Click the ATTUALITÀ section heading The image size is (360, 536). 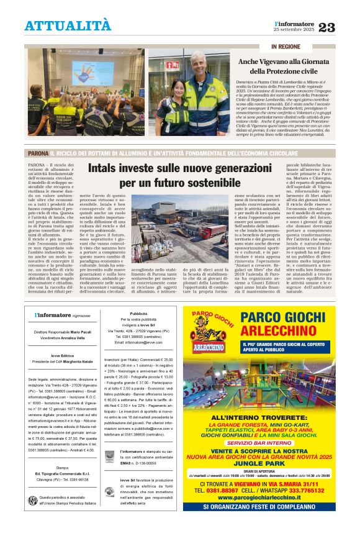tap(68, 25)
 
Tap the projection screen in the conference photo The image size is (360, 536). tap(92, 73)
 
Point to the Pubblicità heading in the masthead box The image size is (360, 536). tap(138, 314)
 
